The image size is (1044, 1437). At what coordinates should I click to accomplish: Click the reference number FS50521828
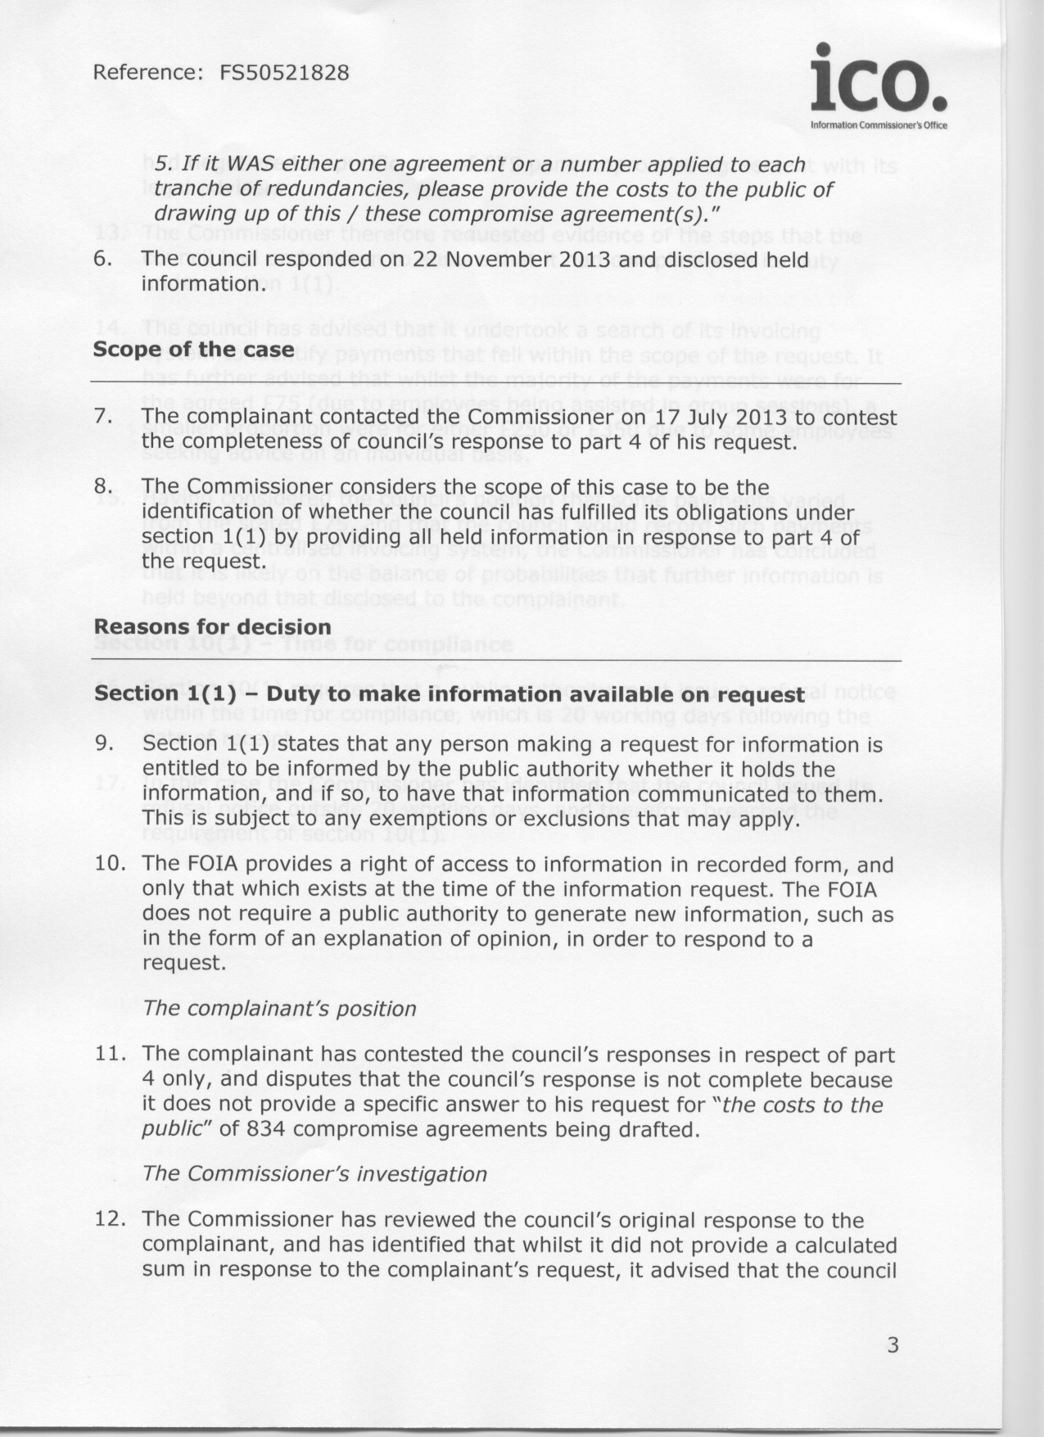pyautogui.click(x=284, y=73)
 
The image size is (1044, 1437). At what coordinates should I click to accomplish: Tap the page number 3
pyautogui.click(x=893, y=1344)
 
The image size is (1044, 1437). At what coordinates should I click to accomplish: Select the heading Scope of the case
pyautogui.click(x=194, y=350)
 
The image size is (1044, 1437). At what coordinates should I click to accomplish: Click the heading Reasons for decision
pyautogui.click(x=213, y=627)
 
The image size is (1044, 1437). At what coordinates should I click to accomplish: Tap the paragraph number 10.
pyautogui.click(x=110, y=865)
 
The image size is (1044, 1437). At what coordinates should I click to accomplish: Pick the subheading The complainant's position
pyautogui.click(x=280, y=1009)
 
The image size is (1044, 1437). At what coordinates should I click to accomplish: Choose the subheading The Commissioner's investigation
pyautogui.click(x=315, y=1174)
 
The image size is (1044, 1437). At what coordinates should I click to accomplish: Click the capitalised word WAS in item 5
pyautogui.click(x=249, y=165)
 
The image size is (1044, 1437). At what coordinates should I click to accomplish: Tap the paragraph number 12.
pyautogui.click(x=110, y=1220)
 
